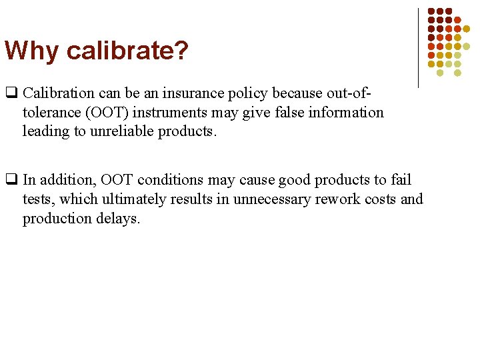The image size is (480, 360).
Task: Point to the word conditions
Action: click(163, 180)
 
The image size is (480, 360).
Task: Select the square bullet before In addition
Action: click(11, 180)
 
